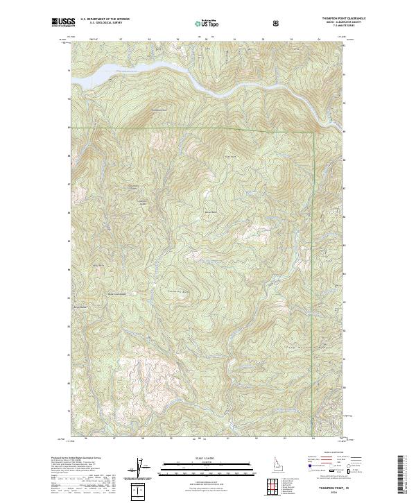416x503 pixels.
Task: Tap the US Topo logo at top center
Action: (x=207, y=23)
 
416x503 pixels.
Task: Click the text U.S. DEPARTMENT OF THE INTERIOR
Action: (x=105, y=19)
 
